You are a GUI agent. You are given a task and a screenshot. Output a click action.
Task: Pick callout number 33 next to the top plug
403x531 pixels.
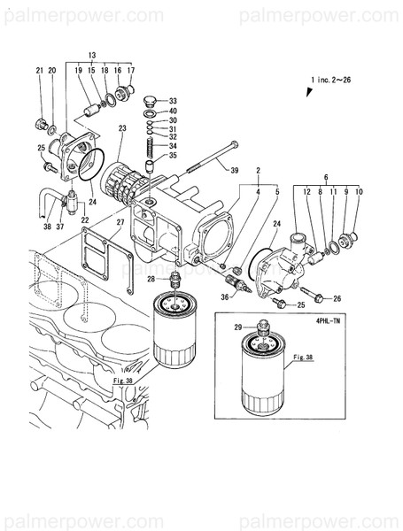pos(173,100)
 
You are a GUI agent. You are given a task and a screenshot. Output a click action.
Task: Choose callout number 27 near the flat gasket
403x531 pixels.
pos(121,221)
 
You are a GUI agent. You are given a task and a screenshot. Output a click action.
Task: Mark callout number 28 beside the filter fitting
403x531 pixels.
pos(151,280)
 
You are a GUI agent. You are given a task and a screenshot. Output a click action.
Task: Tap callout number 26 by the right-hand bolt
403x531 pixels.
pos(337,298)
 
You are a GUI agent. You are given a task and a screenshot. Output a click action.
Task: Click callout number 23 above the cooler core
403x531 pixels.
pos(121,129)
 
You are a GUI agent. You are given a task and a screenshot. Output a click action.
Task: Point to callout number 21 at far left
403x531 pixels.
pos(40,70)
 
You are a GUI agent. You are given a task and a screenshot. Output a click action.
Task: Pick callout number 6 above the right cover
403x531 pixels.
pos(325,178)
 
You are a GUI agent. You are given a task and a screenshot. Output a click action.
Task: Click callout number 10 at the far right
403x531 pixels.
pos(359,190)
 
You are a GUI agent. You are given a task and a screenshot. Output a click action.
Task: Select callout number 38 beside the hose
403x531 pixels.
pos(48,225)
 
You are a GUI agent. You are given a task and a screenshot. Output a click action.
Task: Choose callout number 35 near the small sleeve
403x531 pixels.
pos(173,155)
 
